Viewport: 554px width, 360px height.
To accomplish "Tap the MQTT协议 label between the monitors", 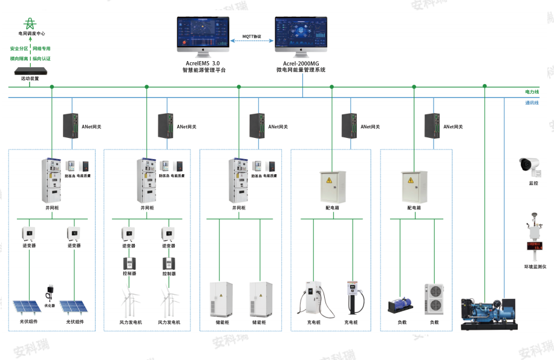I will point(252,37).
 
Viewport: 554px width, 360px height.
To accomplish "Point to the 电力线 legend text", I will point(532,91).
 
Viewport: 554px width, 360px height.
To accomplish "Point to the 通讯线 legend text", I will point(532,103).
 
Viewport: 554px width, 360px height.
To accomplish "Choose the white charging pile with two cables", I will point(313,298).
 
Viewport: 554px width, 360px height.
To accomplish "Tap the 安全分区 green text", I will point(19,48).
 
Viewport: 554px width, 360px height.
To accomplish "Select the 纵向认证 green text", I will point(42,59).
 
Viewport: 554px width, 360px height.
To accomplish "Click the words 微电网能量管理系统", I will point(301,70).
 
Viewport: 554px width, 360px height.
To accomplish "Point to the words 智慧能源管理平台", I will point(204,70).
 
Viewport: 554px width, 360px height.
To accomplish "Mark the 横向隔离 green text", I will point(19,59).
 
